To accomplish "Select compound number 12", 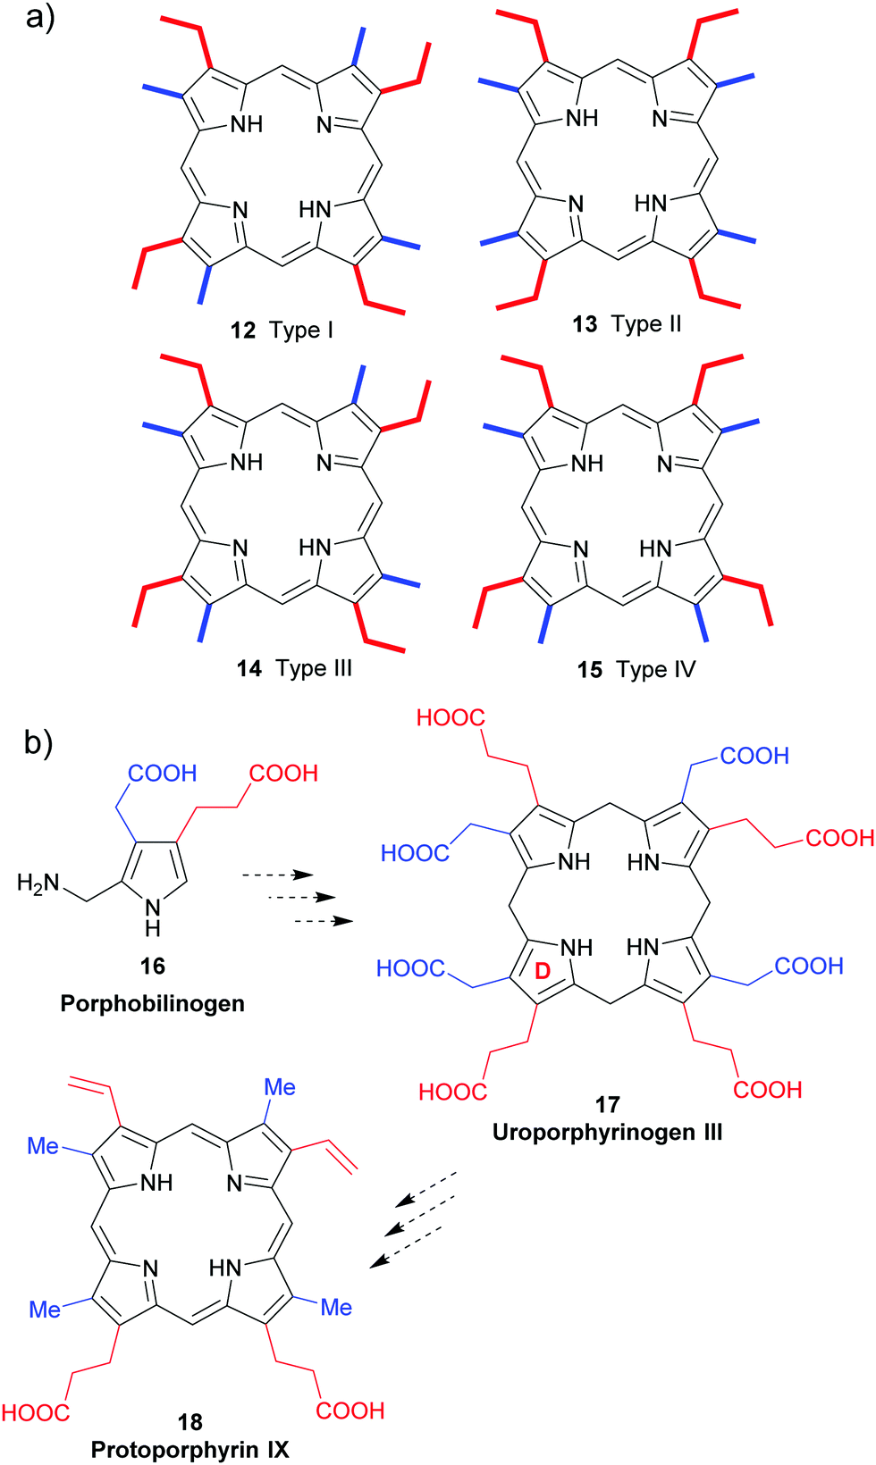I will point(243,331).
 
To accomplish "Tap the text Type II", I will point(646,323).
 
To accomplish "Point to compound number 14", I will point(249,668).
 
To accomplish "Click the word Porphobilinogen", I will point(152,1003).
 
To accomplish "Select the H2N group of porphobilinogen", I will point(38,883).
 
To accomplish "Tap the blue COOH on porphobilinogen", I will point(162,773).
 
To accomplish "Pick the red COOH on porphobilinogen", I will point(283,773).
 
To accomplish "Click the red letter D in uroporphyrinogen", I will point(543,972).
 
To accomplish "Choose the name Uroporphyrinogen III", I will point(607,1132).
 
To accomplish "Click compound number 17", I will point(607,1105).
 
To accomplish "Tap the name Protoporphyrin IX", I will point(190,1449).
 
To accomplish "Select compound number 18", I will point(190,1421).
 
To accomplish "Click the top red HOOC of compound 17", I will point(451,717).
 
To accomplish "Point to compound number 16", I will point(152,966).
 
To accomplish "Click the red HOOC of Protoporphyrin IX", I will point(36,1412).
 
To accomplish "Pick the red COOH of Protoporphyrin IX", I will point(350,1411).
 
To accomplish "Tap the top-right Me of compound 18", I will point(280,1087).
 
